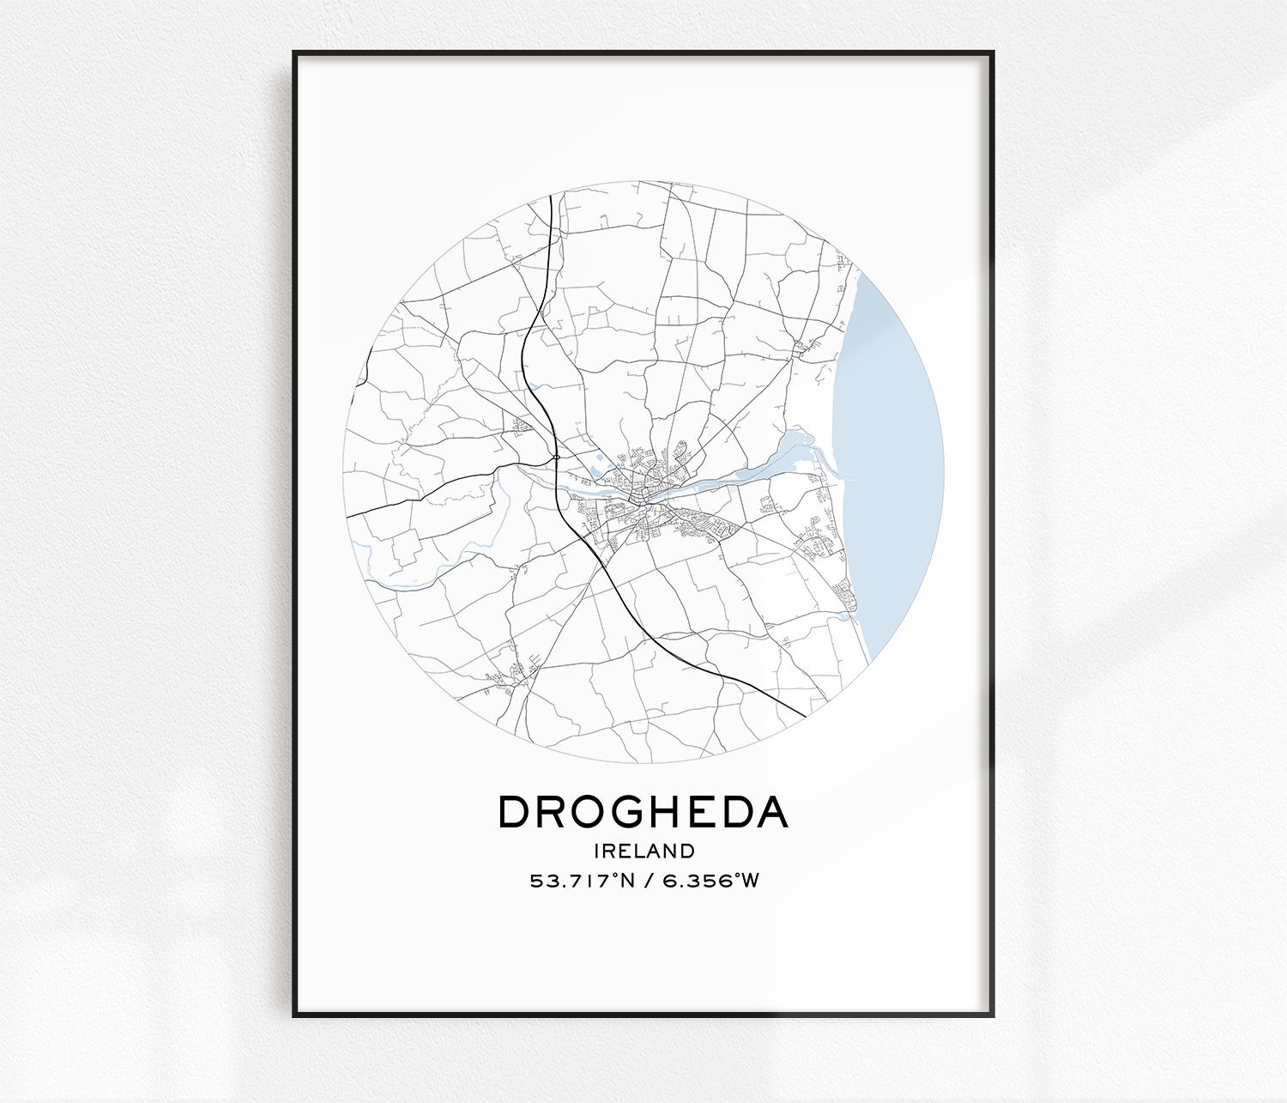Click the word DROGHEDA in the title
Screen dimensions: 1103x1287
(x=643, y=812)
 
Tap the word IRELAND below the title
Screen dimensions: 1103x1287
(x=643, y=851)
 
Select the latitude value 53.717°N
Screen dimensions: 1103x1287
(x=581, y=881)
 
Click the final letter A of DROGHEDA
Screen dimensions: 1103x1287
(x=771, y=812)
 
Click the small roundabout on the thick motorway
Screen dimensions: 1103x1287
(x=557, y=458)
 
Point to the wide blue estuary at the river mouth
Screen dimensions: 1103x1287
(x=798, y=446)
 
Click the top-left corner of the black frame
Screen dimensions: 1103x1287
(x=294, y=53)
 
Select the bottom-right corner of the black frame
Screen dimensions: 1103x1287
(x=993, y=1015)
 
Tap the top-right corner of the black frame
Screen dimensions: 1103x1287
(x=993, y=53)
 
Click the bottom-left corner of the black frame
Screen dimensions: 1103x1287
(x=294, y=1015)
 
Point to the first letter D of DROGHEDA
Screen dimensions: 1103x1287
(x=513, y=812)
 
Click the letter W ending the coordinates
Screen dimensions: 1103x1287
(x=751, y=881)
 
